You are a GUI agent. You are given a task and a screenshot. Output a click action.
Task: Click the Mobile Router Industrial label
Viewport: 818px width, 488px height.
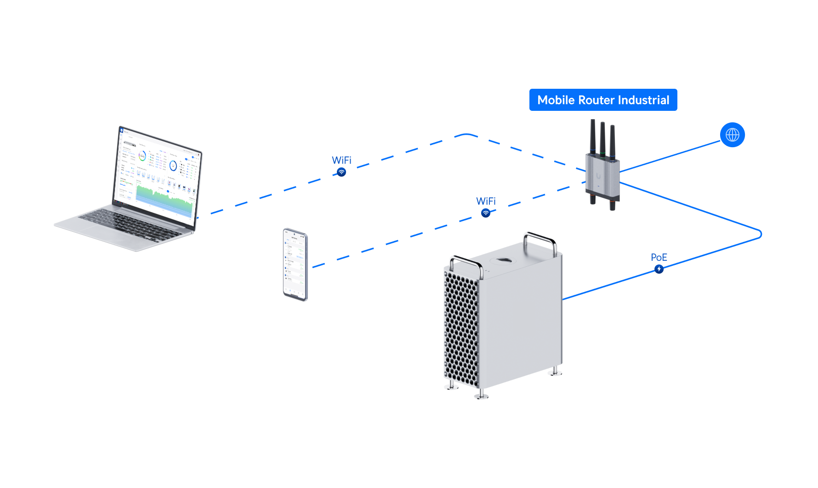tap(603, 100)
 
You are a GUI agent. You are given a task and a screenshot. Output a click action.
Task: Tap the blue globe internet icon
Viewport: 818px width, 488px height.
tap(732, 135)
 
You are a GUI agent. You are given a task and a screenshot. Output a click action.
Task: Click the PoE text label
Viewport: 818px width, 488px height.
tap(659, 258)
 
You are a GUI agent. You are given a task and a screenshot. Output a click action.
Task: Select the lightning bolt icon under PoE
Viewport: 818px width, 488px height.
tap(659, 269)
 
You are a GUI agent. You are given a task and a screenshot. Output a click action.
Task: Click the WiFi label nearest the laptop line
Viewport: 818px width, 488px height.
tap(341, 160)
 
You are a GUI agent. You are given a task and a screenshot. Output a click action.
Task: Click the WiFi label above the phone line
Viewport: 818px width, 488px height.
tap(486, 201)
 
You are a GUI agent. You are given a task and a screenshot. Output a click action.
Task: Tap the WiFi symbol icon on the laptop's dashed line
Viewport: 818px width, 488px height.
tap(341, 172)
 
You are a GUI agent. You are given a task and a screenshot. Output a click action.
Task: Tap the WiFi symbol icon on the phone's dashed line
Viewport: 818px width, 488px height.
tap(486, 213)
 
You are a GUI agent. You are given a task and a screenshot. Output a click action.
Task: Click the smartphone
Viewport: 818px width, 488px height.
tap(295, 264)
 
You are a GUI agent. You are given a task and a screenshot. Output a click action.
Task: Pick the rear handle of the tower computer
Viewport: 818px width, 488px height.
tap(540, 240)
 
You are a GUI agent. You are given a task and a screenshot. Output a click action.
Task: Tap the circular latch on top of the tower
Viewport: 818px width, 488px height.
tap(501, 261)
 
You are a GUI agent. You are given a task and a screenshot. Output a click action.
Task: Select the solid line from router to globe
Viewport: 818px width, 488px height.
tap(671, 156)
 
